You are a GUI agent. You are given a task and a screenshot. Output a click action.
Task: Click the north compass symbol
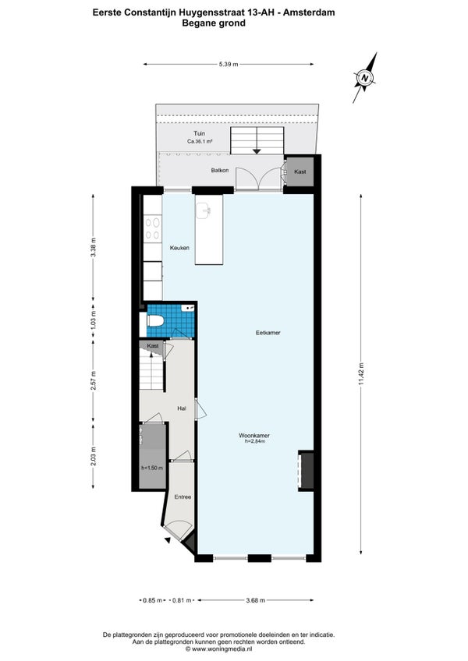(365, 78)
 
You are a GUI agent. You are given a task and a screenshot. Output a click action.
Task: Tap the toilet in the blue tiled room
(155, 322)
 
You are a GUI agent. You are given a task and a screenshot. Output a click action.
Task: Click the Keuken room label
(179, 248)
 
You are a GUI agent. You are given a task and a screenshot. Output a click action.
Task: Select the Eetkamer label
(268, 333)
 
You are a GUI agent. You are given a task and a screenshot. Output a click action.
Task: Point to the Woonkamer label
(254, 436)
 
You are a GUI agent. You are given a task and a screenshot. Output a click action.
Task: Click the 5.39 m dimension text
(229, 65)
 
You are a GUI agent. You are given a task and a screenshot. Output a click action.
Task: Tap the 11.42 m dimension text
(361, 374)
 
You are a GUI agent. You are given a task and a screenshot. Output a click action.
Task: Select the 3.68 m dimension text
(255, 600)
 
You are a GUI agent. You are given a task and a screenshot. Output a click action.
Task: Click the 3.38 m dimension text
(94, 247)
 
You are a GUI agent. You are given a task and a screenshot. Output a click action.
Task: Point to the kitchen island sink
(204, 210)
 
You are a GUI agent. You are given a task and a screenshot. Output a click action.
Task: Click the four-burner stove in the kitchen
(152, 229)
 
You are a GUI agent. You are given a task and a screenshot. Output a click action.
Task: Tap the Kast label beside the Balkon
(300, 171)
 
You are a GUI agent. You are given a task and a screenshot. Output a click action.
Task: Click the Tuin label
(199, 133)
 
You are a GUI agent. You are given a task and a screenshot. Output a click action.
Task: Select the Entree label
(183, 497)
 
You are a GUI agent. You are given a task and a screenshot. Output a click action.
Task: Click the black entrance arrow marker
(168, 540)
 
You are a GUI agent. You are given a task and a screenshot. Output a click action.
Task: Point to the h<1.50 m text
(152, 468)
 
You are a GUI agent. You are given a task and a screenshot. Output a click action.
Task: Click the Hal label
(182, 408)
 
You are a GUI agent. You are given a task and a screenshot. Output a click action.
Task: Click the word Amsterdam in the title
(309, 12)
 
